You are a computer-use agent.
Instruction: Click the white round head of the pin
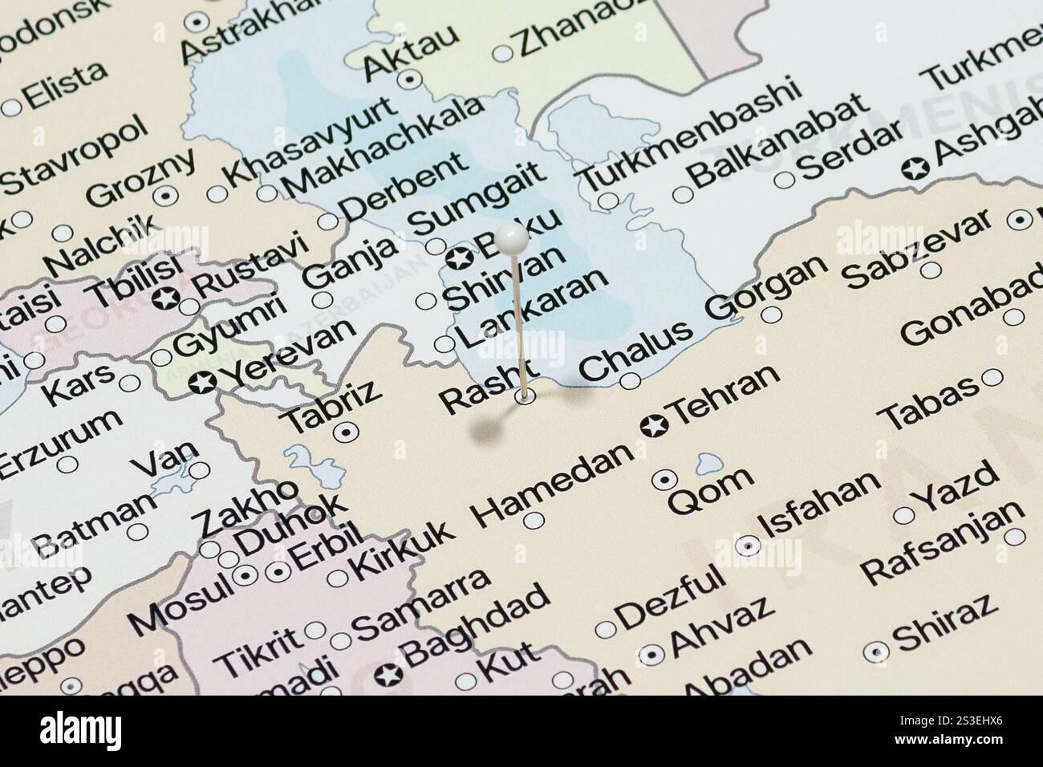pos(511,237)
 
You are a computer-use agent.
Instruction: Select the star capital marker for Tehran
pos(654,426)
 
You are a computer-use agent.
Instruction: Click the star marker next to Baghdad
pos(388,676)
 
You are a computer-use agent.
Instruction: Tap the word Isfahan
pos(819,504)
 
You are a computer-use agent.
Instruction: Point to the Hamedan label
pos(553,485)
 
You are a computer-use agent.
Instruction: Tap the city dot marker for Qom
pos(664,479)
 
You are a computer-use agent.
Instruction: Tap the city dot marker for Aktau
pos(412,79)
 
